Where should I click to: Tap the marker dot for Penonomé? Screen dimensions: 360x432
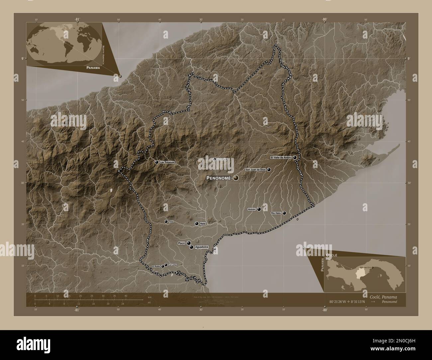click(x=236, y=178)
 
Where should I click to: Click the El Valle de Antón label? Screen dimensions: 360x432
click(x=281, y=157)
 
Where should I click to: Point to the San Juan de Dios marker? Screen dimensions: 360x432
click(x=269, y=170)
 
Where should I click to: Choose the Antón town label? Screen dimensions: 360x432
click(x=252, y=209)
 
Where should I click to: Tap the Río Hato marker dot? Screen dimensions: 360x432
click(x=284, y=213)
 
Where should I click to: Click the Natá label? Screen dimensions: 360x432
click(x=203, y=224)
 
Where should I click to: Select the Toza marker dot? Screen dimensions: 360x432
click(x=166, y=222)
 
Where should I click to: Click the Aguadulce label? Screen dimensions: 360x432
click(x=201, y=247)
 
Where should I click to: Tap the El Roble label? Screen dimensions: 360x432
click(x=156, y=266)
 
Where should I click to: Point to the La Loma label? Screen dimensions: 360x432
click(x=173, y=265)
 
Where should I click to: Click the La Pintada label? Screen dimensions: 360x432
click(x=222, y=159)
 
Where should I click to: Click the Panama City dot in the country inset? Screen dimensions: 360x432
click(x=373, y=267)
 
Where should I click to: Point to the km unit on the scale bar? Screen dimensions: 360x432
click(x=145, y=297)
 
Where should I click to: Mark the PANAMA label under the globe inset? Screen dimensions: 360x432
click(x=92, y=67)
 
